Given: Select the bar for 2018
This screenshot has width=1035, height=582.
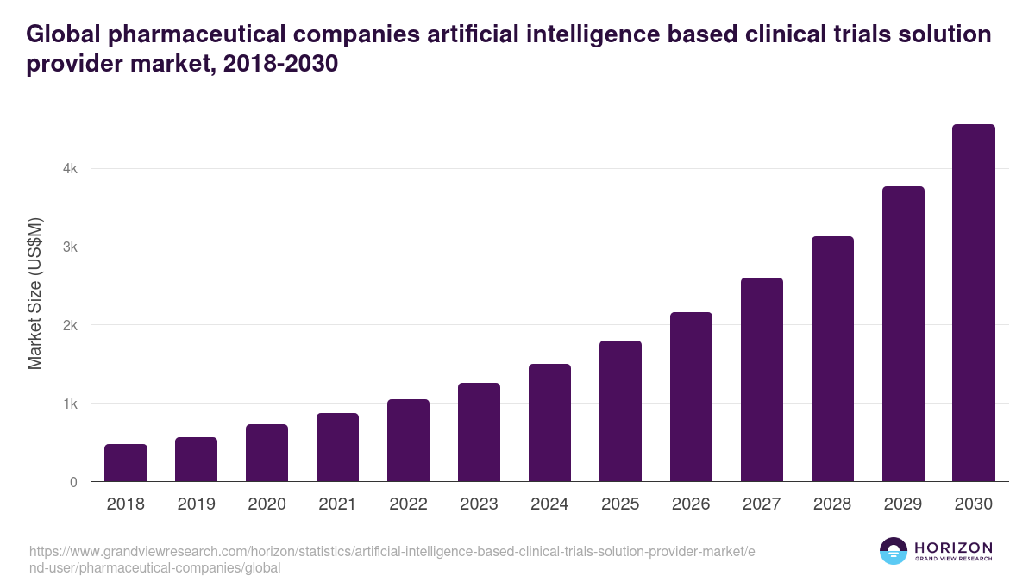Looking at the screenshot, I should pyautogui.click(x=126, y=463).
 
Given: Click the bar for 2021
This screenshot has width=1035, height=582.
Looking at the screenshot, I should pyautogui.click(x=337, y=447).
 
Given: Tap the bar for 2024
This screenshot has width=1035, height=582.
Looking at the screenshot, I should pyautogui.click(x=549, y=422).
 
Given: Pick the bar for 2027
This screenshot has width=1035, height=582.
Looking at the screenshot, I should pyautogui.click(x=762, y=379).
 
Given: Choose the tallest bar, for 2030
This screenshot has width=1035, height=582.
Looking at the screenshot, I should pyautogui.click(x=974, y=303).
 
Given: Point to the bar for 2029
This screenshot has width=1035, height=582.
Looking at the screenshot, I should pyautogui.click(x=903, y=334).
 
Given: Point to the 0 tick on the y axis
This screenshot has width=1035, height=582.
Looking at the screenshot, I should pyautogui.click(x=74, y=482).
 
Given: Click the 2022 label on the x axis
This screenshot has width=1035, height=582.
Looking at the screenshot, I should pyautogui.click(x=408, y=504).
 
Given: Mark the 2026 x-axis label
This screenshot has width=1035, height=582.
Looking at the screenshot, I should pyautogui.click(x=691, y=504).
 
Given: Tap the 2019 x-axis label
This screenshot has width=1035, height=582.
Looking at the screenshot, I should pyautogui.click(x=196, y=504).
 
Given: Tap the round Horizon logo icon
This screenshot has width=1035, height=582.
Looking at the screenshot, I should pyautogui.click(x=894, y=551).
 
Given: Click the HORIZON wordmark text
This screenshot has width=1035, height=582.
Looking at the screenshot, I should pyautogui.click(x=953, y=548).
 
